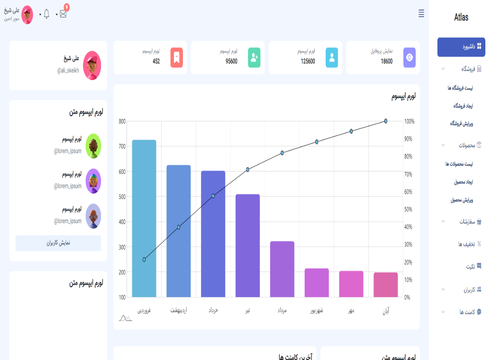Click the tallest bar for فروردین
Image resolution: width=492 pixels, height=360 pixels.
click(x=144, y=218)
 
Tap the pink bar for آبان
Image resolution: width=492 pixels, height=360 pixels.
click(x=386, y=285)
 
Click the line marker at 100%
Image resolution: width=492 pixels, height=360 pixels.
click(x=386, y=121)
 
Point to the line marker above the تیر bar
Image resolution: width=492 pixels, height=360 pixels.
click(x=247, y=169)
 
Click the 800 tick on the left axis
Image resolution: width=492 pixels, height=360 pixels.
click(x=122, y=121)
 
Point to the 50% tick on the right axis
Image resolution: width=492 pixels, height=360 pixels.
click(x=410, y=209)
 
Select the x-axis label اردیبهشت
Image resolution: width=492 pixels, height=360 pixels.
click(x=179, y=311)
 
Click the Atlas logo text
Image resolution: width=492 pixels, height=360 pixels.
click(x=461, y=18)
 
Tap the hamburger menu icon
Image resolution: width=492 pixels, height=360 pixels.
click(x=421, y=14)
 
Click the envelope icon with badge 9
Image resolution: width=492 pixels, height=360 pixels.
click(x=63, y=14)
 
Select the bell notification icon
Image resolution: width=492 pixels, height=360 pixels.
click(x=46, y=14)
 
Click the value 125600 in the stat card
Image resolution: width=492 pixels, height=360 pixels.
click(x=308, y=61)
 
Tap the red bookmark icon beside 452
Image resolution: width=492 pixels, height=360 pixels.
click(x=176, y=57)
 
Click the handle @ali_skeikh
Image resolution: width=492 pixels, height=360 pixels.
click(x=68, y=70)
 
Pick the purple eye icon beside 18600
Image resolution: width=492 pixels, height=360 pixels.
click(x=410, y=57)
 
